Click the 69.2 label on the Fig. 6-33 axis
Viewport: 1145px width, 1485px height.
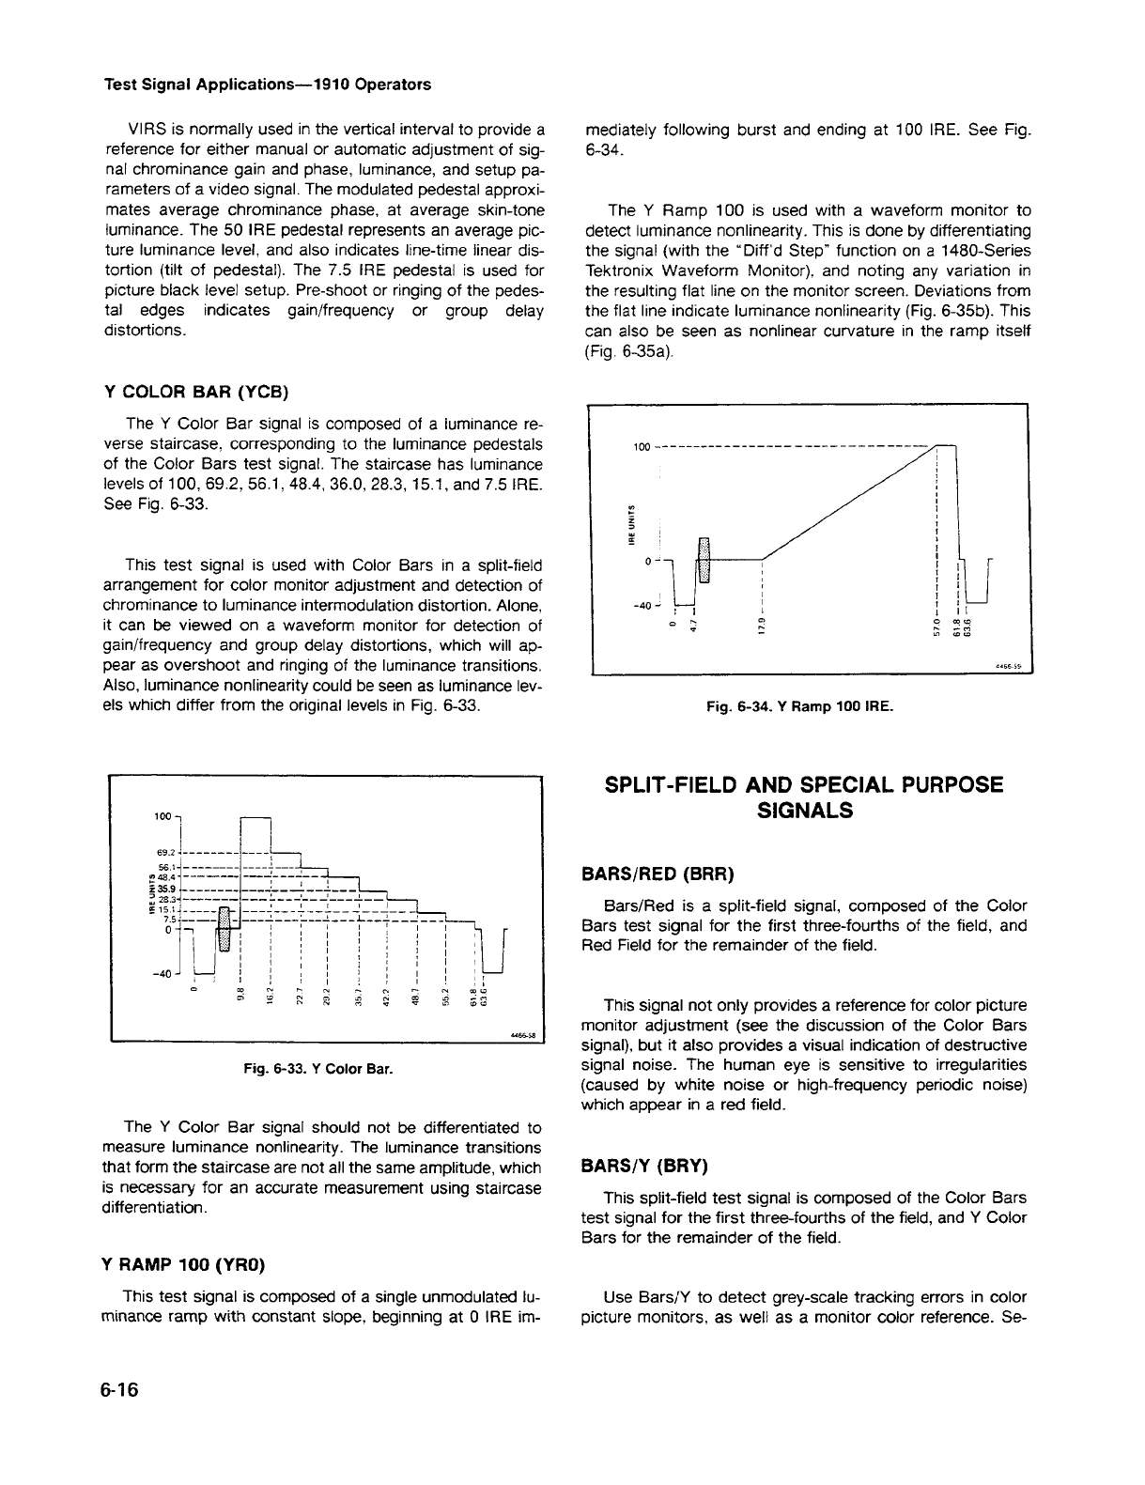click(167, 852)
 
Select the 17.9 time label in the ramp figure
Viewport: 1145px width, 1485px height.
click(762, 625)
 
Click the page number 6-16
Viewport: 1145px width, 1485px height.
click(120, 1391)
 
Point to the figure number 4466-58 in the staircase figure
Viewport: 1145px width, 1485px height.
click(522, 1037)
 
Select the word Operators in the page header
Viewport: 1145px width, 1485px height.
click(394, 84)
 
